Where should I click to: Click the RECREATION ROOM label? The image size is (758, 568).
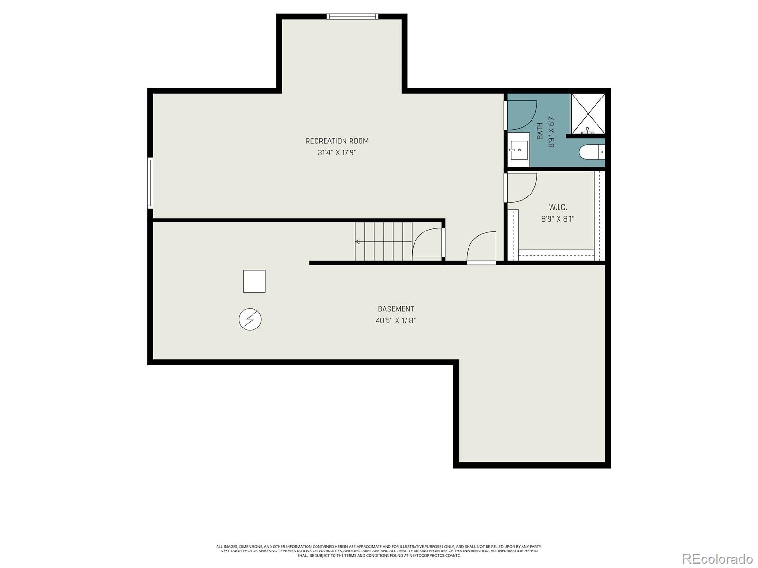click(x=337, y=141)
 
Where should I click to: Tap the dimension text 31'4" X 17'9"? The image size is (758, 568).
click(x=337, y=153)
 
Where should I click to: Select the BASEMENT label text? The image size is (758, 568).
click(x=396, y=309)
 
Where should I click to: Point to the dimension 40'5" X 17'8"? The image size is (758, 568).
click(x=396, y=320)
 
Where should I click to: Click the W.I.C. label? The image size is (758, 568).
click(x=558, y=207)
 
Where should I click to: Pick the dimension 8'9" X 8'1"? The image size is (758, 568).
click(x=558, y=219)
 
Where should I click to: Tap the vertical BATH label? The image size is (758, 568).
click(x=540, y=131)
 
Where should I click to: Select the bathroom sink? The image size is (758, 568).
click(x=519, y=150)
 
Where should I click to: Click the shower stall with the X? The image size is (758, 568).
click(x=588, y=114)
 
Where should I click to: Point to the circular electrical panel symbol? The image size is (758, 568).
click(x=250, y=319)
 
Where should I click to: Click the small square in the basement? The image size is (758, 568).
click(x=254, y=281)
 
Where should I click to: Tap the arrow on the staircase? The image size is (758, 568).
click(x=358, y=242)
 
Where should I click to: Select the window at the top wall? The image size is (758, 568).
click(x=352, y=17)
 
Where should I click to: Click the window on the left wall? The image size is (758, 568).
click(x=150, y=183)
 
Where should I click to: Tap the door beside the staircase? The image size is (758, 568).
click(x=428, y=243)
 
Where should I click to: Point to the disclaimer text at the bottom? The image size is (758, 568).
click(x=379, y=550)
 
